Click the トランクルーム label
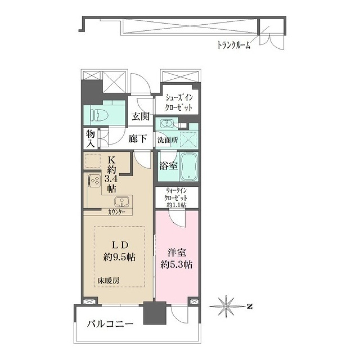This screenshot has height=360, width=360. (233, 46)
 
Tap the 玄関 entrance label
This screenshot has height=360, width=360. (140, 116)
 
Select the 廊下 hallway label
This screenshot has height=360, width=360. (138, 139)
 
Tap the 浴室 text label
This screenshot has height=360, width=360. (168, 166)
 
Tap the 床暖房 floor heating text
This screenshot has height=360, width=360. (109, 280)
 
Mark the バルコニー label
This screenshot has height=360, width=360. (110, 324)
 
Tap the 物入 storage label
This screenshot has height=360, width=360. (90, 138)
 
